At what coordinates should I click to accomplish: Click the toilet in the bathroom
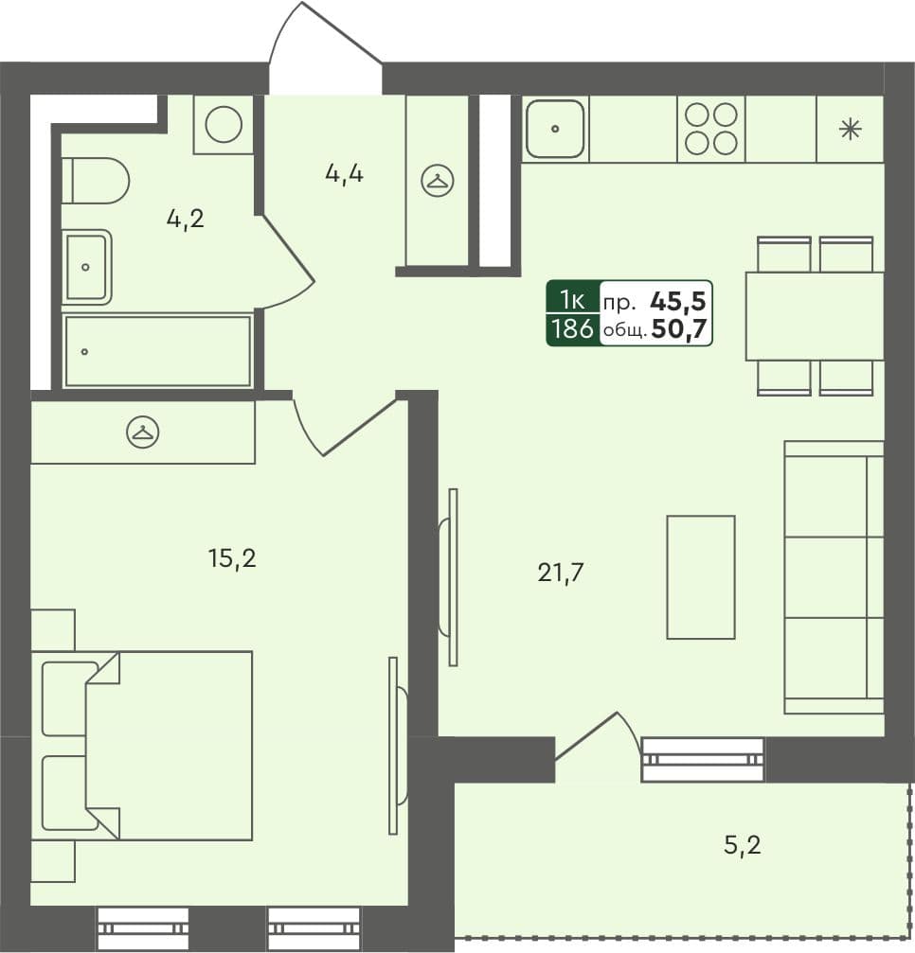pyautogui.click(x=98, y=180)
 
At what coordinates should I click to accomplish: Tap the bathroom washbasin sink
pyautogui.click(x=86, y=268)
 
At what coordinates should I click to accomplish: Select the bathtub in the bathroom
pyautogui.click(x=157, y=351)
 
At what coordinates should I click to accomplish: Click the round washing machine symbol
pyautogui.click(x=224, y=124)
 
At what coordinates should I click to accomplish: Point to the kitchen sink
pyautogui.click(x=554, y=129)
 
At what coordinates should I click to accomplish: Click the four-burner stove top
pyautogui.click(x=711, y=129)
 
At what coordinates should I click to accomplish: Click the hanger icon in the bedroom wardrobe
pyautogui.click(x=142, y=432)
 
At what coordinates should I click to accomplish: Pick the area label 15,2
pyautogui.click(x=232, y=558)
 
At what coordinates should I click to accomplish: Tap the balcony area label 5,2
pyautogui.click(x=742, y=844)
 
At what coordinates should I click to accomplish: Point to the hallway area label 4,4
pyautogui.click(x=344, y=174)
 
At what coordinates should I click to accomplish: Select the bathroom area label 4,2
pyautogui.click(x=185, y=219)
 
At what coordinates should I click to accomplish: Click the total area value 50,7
pyautogui.click(x=680, y=330)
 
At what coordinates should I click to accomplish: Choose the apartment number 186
pyautogui.click(x=572, y=329)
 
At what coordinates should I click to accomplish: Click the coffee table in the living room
pyautogui.click(x=701, y=576)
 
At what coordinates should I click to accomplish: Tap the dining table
pyautogui.click(x=814, y=316)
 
